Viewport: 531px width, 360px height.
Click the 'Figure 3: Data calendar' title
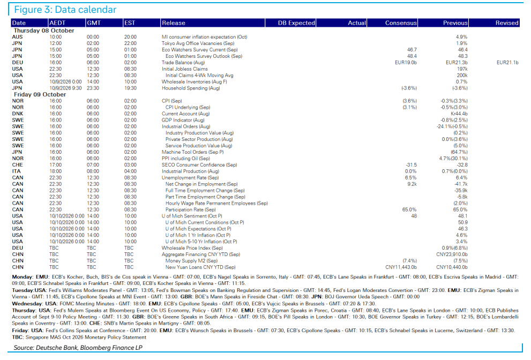[x=65, y=10]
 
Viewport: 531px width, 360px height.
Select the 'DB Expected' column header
[x=296, y=23]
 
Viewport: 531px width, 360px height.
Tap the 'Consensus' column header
[x=401, y=23]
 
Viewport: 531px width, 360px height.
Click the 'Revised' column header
[x=507, y=23]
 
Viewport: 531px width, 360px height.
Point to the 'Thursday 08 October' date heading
[x=44, y=31]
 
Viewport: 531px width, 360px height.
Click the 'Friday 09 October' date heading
[x=40, y=94]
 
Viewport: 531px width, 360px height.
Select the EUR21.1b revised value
[x=507, y=63]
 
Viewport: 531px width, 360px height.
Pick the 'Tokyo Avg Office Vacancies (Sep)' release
[x=198, y=43]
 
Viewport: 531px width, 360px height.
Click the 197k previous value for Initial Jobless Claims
[x=462, y=69]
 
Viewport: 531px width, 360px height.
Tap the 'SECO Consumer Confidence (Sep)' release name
[x=199, y=165]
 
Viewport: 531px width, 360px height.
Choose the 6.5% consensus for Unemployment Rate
[x=411, y=178]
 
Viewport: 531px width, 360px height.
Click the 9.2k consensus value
[x=412, y=184]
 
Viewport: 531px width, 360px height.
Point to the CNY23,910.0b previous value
[x=452, y=254]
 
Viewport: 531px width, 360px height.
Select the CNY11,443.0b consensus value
[x=401, y=267]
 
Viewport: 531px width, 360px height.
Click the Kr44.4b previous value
[x=459, y=114]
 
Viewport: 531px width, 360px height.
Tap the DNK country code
[x=18, y=114]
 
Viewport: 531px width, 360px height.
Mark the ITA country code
[x=16, y=171]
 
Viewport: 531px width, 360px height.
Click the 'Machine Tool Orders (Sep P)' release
[x=193, y=152]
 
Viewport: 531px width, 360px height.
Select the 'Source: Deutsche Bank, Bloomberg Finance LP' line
[x=78, y=348]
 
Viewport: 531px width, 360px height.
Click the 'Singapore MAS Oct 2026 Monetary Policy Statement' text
[x=86, y=337]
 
